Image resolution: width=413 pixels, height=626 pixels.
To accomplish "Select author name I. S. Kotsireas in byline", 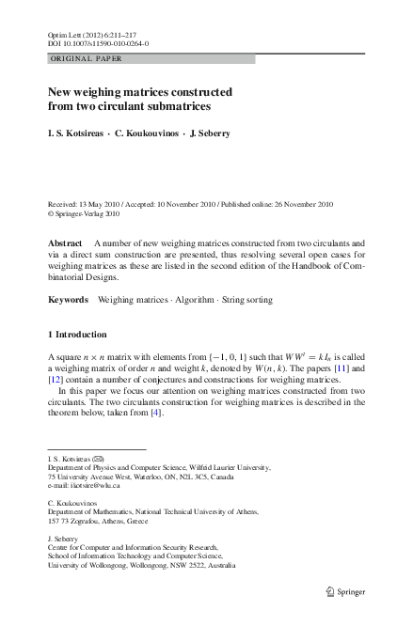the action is coord(79,133).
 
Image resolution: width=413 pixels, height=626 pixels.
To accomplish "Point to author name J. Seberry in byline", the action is coord(211,133).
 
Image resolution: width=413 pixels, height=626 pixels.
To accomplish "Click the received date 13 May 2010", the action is coord(103,204).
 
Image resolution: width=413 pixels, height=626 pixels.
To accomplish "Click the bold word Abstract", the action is coord(65,243).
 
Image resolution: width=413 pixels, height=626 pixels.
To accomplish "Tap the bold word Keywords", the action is coord(68,300).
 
